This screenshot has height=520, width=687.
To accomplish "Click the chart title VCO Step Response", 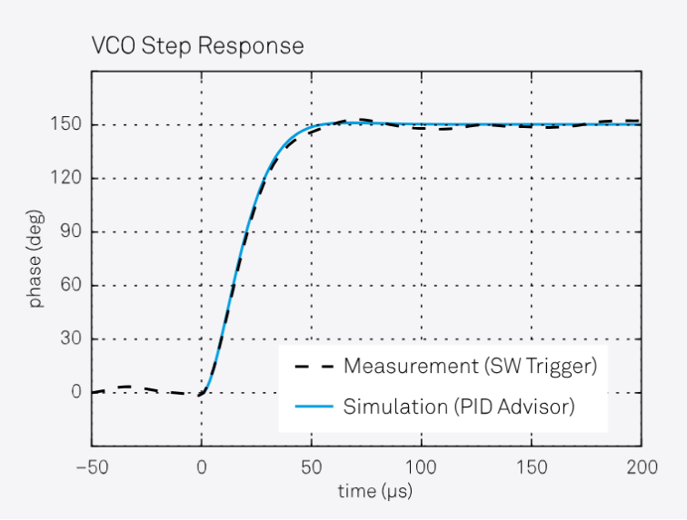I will [196, 45].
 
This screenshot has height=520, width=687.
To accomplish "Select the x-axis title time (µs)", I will [366, 491].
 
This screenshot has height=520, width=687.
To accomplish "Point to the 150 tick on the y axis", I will [66, 125].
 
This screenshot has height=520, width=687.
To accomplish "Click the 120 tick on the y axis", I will [66, 179].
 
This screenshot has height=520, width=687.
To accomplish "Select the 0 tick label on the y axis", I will [75, 393].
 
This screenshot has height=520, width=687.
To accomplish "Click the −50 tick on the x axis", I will [91, 466].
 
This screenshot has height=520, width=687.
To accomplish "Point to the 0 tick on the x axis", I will [202, 466].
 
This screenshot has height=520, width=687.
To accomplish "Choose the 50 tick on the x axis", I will [312, 466].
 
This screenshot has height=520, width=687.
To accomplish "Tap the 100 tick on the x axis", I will [422, 466].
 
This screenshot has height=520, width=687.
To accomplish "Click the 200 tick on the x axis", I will [642, 466].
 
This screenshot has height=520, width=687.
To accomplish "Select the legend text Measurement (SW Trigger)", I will [470, 367].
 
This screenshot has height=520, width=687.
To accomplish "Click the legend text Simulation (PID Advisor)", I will [459, 407].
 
